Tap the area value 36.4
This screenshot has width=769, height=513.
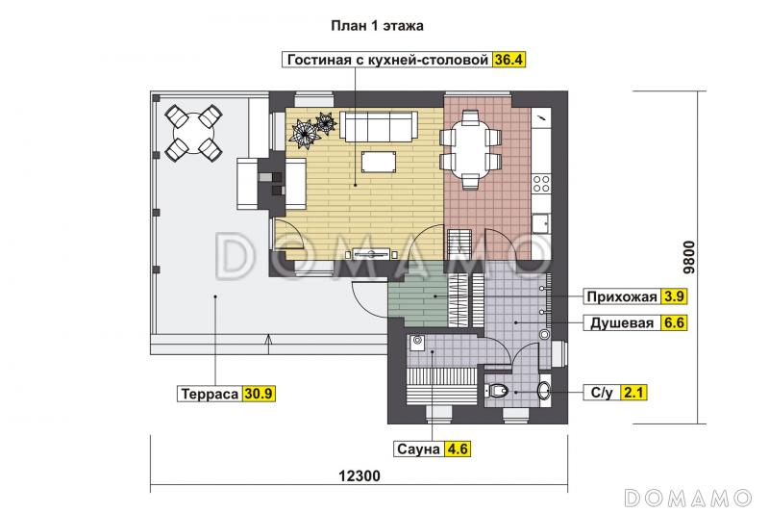pos(510,59)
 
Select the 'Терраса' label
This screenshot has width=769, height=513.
pos(209,393)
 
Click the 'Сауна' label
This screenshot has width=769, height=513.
pos(417,448)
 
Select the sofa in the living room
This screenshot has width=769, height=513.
pos(379,125)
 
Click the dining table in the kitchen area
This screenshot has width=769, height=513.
pos(471,146)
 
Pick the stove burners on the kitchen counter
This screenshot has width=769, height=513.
pos(541,181)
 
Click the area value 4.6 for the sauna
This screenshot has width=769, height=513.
pos(459,448)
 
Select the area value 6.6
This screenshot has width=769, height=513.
pos(674,323)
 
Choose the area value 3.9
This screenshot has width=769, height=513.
pos(674,295)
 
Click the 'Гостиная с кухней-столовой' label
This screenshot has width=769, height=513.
pos(387,59)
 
